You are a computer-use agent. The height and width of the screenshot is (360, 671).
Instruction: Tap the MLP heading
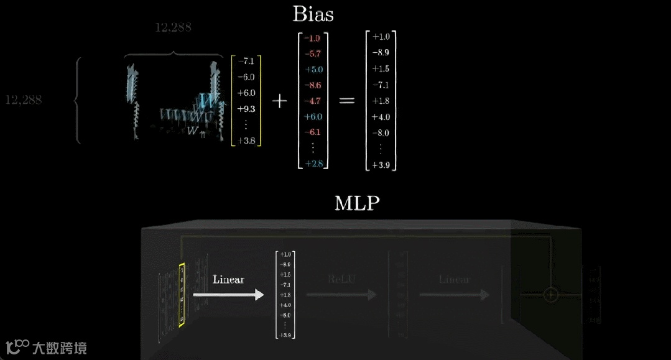point(356,203)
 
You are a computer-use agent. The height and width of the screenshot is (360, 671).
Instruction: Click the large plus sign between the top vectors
point(280,101)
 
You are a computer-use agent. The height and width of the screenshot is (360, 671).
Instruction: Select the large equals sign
point(346,101)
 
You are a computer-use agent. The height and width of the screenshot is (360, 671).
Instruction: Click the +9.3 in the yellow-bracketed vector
point(246,109)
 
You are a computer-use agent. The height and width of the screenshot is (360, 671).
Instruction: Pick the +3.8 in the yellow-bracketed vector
point(246,141)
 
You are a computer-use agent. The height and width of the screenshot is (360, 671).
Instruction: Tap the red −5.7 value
point(313,54)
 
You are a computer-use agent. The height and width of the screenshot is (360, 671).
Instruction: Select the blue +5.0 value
point(313,70)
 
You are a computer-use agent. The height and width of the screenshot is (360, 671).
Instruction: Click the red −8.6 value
point(313,85)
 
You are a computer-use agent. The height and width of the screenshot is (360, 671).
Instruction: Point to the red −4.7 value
point(313,101)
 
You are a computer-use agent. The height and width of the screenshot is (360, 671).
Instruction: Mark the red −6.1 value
point(313,132)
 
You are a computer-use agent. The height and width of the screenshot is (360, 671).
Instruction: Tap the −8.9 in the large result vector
point(381,53)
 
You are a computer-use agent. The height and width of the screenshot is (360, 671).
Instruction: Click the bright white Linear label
point(228,279)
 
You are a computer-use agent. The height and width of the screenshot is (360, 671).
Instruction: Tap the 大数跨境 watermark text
point(60,347)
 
